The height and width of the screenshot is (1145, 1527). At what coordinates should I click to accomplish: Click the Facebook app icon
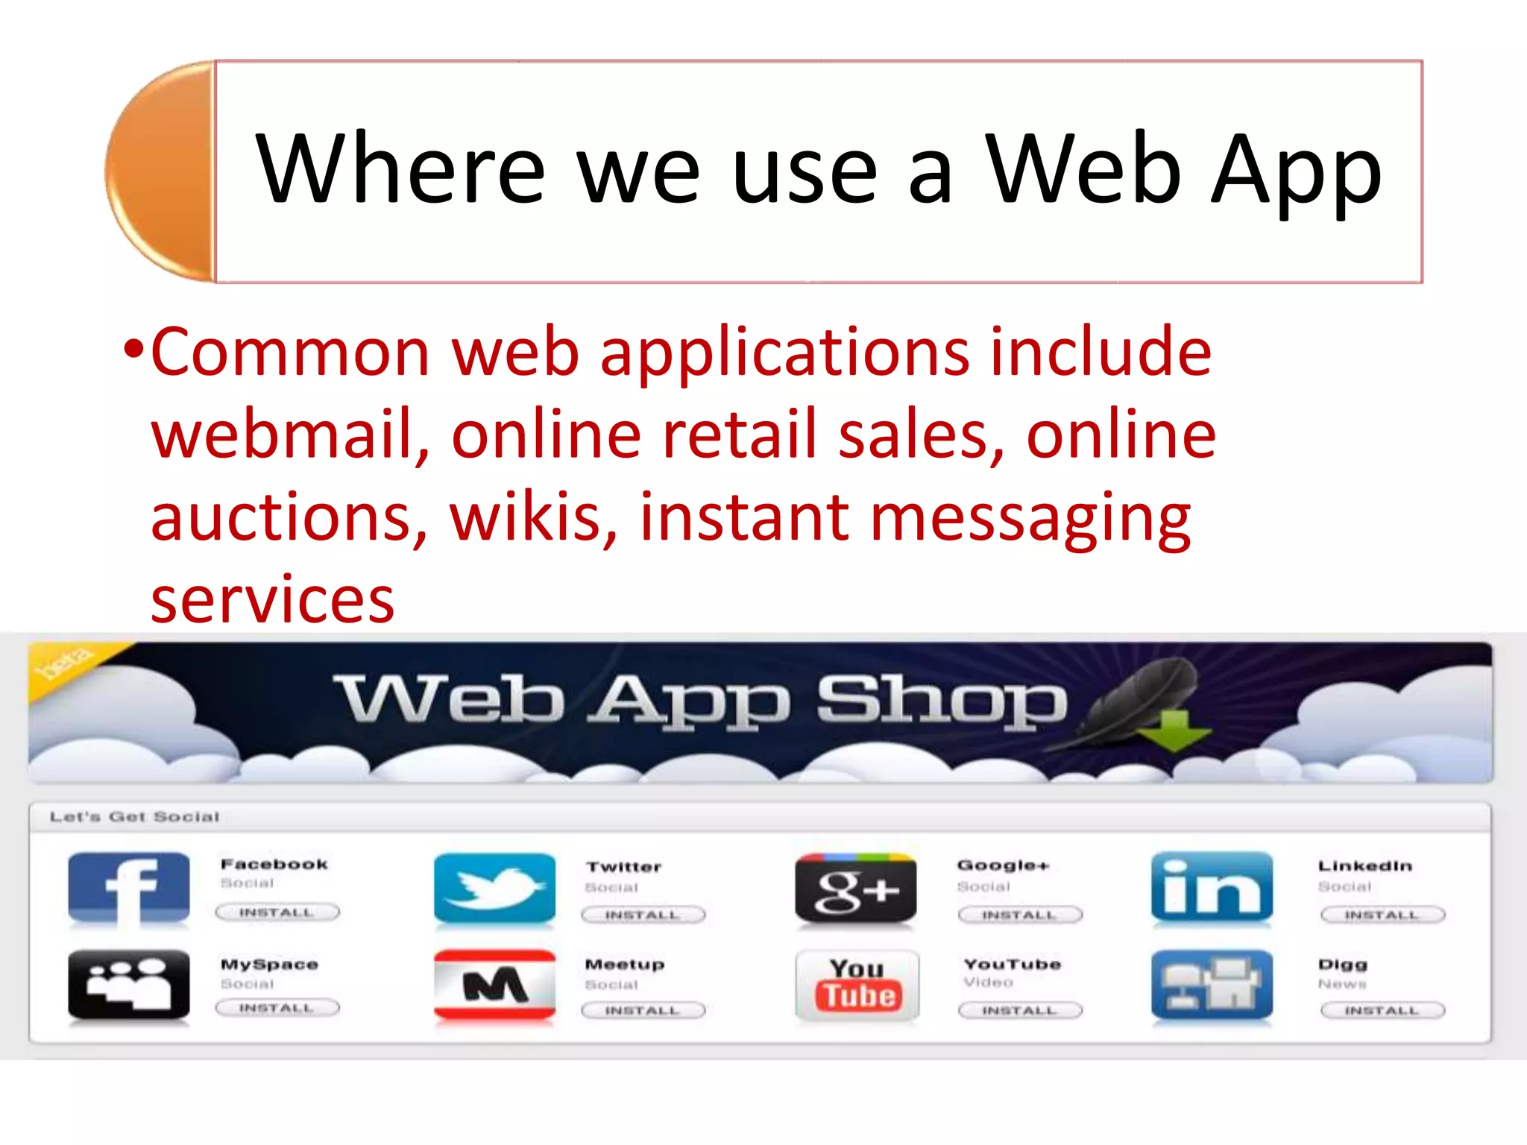[128, 889]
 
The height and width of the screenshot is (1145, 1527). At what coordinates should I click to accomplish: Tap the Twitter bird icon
[494, 889]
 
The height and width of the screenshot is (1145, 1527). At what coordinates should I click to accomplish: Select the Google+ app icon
[855, 889]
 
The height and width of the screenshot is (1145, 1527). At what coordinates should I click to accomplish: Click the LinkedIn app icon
[1212, 889]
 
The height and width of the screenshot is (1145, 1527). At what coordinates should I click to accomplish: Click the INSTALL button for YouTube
[1019, 1010]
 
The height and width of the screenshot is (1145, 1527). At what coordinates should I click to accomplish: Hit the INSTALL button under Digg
[1382, 1010]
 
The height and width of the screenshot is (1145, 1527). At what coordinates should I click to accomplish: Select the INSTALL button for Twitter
[642, 915]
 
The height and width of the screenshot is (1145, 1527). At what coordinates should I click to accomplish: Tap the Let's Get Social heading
[134, 817]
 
